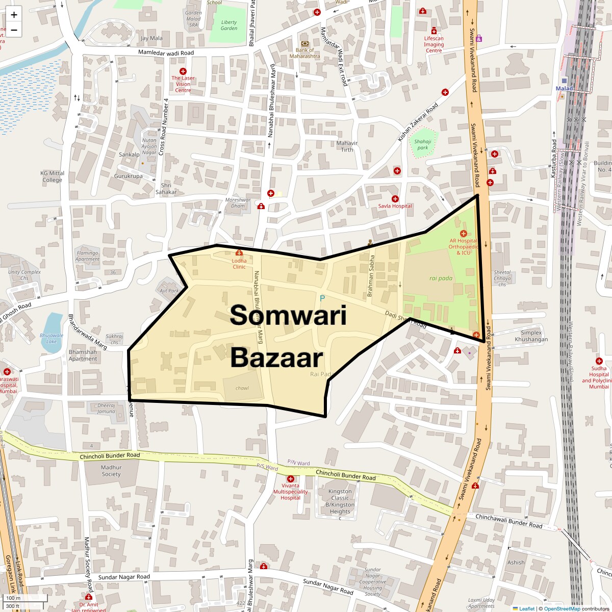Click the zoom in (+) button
point(14,14)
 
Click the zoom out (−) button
point(14,30)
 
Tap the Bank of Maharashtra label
point(305,53)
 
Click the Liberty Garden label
point(229,25)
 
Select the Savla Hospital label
point(395,206)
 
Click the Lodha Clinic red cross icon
point(239,253)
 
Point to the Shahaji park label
point(423,144)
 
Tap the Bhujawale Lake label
point(52,339)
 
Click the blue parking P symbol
point(322,298)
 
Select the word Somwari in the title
point(288,316)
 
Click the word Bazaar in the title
point(276,358)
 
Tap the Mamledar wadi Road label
point(166,53)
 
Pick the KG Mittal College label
point(52,176)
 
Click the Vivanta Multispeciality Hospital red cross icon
point(291,479)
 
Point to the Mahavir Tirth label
point(347,146)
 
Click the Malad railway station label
point(565,88)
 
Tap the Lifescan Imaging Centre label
point(433,44)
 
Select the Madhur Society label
point(111,470)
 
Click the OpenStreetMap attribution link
point(562,608)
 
